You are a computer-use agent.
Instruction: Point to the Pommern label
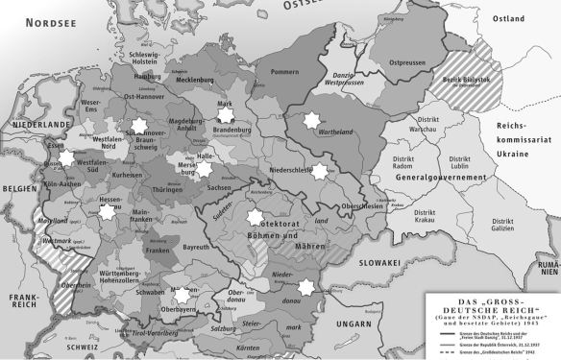(x=285, y=73)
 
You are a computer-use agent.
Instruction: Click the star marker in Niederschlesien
(x=320, y=171)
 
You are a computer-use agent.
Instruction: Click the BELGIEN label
(x=18, y=190)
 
